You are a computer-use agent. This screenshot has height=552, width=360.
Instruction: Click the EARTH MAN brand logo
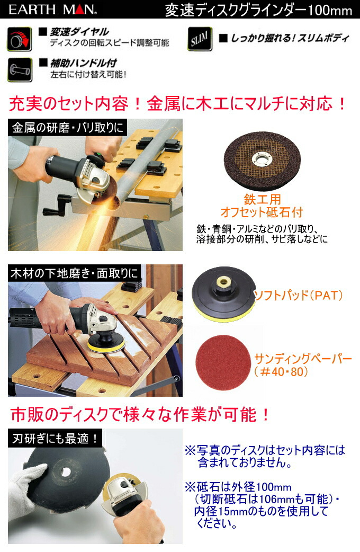pyautogui.click(x=52, y=10)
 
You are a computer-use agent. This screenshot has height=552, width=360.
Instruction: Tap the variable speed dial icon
pyautogui.click(x=20, y=39)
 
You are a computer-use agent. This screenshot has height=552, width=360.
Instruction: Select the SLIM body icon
pyautogui.click(x=200, y=39)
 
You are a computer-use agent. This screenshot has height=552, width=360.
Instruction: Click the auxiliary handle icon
pyautogui.click(x=20, y=70)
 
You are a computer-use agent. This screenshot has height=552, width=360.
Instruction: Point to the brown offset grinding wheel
pyautogui.click(x=262, y=158)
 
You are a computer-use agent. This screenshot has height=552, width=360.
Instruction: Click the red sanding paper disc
pyautogui.click(x=222, y=363)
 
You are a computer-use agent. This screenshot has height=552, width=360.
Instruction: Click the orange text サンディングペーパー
pyautogui.click(x=303, y=359)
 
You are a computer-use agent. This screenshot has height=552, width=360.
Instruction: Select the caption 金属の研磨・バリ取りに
pyautogui.click(x=67, y=128)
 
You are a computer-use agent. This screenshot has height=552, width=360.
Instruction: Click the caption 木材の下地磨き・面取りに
pyautogui.click(x=74, y=273)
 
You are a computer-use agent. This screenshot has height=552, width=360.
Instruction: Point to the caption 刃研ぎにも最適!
pyautogui.click(x=55, y=438)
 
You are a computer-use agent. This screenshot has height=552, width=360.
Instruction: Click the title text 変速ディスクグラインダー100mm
pyautogui.click(x=259, y=10)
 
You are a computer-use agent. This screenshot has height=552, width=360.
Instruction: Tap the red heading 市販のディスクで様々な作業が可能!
pyautogui.click(x=140, y=414)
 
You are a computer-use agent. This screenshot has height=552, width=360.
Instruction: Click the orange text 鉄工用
pyautogui.click(x=262, y=200)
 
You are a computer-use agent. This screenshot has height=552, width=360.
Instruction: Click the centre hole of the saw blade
pyautogui.click(x=66, y=471)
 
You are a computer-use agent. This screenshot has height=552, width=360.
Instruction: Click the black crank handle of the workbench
pyautogui.click(x=56, y=206)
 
